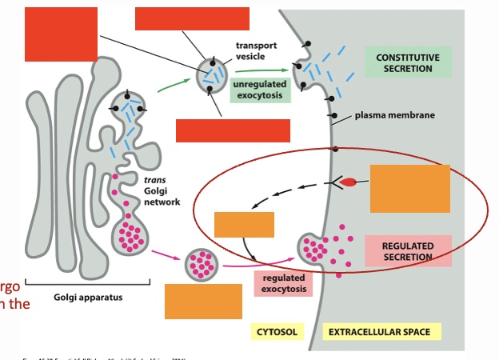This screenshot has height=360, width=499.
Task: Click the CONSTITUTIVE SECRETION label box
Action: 408,62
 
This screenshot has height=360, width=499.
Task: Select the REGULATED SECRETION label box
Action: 408,251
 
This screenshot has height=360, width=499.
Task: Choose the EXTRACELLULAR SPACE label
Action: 379,331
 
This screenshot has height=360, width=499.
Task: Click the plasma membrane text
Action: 394,115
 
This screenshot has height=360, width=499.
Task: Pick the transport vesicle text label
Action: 256,51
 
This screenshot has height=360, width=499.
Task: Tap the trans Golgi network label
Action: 162,191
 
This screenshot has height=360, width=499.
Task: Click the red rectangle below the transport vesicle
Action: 233,130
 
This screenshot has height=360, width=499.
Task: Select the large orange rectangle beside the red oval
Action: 409,189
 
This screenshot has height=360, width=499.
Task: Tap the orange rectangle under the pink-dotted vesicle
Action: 203,302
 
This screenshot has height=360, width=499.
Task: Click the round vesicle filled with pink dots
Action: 202,264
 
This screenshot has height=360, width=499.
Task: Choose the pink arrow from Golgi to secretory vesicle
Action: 167,254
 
